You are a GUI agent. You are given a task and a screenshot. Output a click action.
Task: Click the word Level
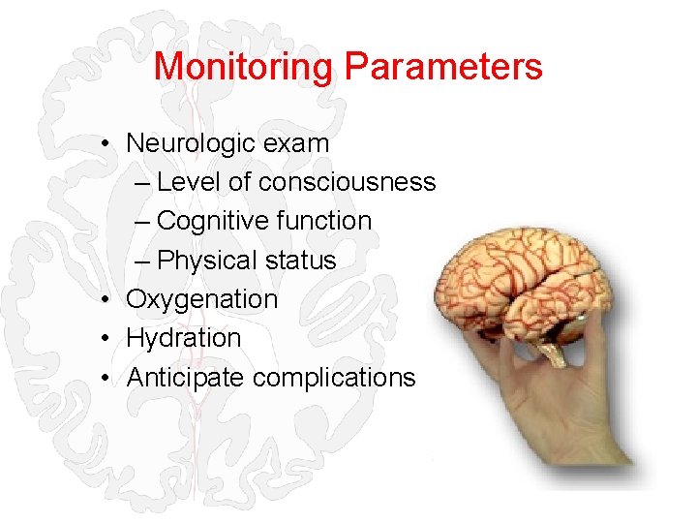click(x=190, y=182)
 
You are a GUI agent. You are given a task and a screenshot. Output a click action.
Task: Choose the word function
click(x=323, y=221)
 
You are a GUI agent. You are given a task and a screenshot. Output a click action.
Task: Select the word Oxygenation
click(x=201, y=299)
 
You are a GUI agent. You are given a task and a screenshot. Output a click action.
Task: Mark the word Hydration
click(x=183, y=338)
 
